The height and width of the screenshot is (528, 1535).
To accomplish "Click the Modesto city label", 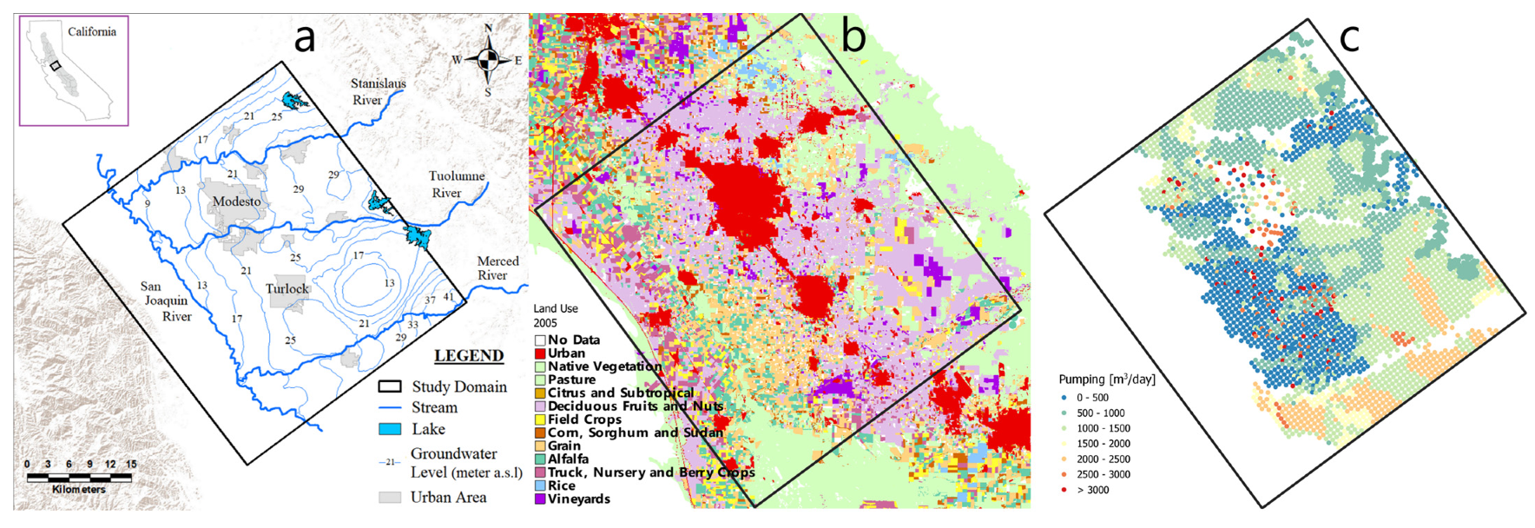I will click(236, 201).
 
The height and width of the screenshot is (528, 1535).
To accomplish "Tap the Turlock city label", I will click(287, 288).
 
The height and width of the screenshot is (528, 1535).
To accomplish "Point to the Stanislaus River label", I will click(378, 91).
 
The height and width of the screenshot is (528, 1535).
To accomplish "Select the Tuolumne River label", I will click(456, 183).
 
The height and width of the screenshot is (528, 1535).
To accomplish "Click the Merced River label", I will click(497, 267).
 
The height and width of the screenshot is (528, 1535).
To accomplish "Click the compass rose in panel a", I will click(488, 60).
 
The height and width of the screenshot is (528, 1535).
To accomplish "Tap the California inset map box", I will click(74, 70).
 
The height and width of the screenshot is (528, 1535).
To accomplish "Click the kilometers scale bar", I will click(79, 477).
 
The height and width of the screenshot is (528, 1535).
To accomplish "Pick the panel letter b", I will click(853, 36).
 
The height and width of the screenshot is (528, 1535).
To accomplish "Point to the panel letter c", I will click(1349, 36).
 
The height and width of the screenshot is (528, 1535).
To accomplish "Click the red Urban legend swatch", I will click(540, 353).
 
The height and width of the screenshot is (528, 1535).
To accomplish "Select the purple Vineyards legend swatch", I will click(540, 499).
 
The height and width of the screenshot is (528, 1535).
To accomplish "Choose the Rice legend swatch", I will click(540, 486).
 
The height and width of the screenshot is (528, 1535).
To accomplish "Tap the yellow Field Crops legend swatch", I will click(540, 419).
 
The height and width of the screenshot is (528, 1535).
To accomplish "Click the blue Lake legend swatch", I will click(390, 429).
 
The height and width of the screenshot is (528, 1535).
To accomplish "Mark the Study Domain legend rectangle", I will click(390, 386).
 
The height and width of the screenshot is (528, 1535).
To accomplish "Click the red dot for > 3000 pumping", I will click(1064, 490).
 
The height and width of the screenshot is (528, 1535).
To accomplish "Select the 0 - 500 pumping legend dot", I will click(1064, 398).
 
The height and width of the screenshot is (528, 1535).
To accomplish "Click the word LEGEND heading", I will click(469, 356).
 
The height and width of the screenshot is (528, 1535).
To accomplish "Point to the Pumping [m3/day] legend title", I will click(1107, 379).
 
